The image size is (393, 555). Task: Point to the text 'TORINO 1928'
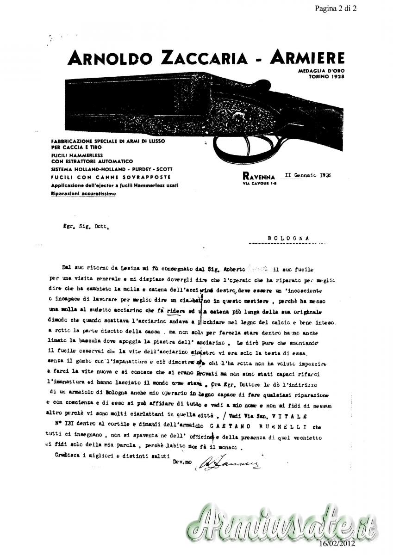pyautogui.click(x=327, y=75)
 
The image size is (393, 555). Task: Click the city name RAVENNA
pyautogui.click(x=258, y=177)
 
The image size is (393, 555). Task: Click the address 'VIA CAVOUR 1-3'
pyautogui.click(x=258, y=183)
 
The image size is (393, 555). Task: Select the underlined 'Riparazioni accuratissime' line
pyautogui.click(x=83, y=194)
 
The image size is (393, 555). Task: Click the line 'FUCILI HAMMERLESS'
pyautogui.click(x=76, y=156)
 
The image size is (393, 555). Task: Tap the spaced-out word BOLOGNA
pyautogui.click(x=288, y=238)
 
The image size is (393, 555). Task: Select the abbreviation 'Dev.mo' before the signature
pyautogui.click(x=182, y=462)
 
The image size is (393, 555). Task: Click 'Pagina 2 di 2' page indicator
pyautogui.click(x=345, y=8)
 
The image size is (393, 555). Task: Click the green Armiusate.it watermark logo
pyautogui.click(x=282, y=525)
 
